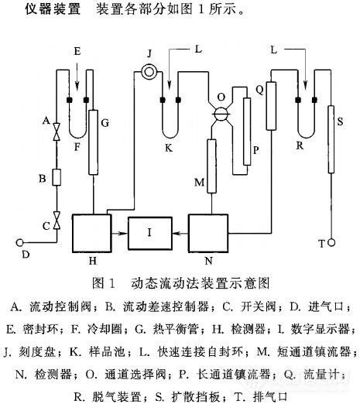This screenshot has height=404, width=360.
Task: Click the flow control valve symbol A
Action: (x=57, y=132)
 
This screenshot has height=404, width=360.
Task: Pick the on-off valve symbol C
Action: (x=57, y=221)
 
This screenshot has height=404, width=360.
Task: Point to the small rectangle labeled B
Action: (x=57, y=177)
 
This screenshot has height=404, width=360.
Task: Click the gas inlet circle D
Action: (x=19, y=243)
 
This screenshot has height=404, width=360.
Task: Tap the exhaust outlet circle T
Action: (x=331, y=242)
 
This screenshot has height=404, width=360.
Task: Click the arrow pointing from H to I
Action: (x=120, y=234)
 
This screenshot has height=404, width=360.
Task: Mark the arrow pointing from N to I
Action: (x=180, y=234)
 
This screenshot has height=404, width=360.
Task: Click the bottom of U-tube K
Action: (x=170, y=138)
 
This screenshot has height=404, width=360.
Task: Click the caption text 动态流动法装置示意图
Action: (x=201, y=283)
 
